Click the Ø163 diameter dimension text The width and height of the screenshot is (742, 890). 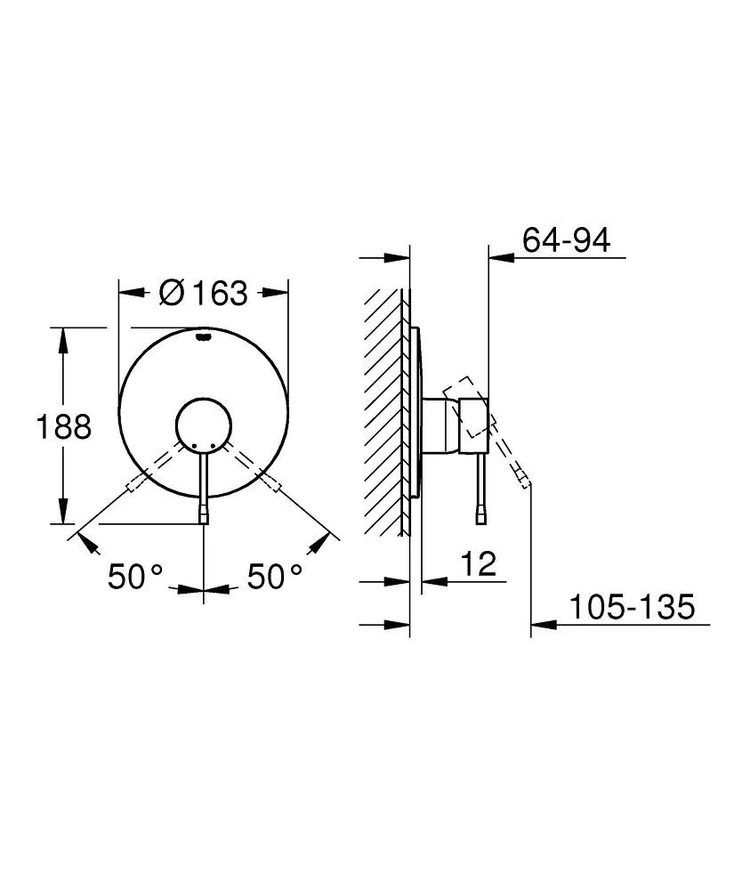point(204,292)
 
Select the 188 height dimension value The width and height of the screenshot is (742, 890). point(63,427)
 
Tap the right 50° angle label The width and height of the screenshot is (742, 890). point(274,577)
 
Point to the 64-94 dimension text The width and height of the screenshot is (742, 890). point(567,240)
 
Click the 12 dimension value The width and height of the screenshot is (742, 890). point(479,564)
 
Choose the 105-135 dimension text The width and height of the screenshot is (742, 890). point(631,608)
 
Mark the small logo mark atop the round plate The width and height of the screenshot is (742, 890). point(205,337)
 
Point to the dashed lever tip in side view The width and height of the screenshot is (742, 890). point(526,481)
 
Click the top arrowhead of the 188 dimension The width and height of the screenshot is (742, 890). point(63,336)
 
